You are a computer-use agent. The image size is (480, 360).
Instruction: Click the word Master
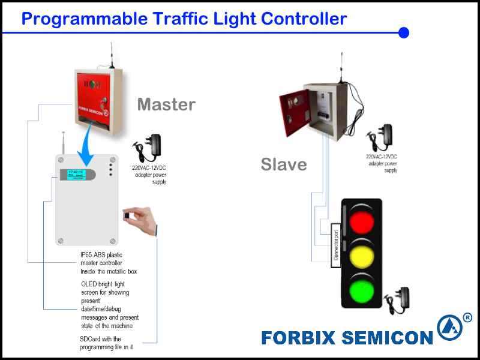pyautogui.click(x=166, y=105)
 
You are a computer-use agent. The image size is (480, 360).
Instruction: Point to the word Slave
pyautogui.click(x=284, y=164)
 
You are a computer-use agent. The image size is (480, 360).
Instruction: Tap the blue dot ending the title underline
pyautogui.click(x=404, y=32)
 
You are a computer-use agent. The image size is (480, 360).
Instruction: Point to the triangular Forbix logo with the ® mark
pyautogui.click(x=450, y=328)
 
